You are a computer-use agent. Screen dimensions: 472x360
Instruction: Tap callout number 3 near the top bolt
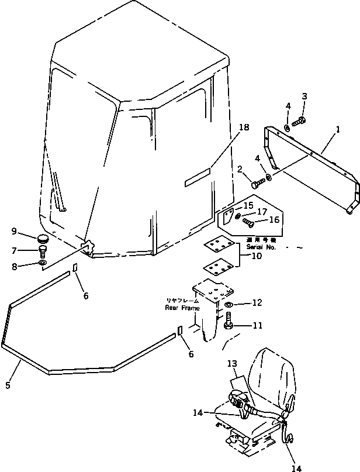pos(304,96)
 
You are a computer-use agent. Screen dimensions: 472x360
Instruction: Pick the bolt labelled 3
pos(297,122)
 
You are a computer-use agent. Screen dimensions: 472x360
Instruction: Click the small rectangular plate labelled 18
pos(197,178)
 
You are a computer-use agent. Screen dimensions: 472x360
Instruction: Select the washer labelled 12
pos(229,304)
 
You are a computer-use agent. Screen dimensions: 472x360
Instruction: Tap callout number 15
pos(248,205)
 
